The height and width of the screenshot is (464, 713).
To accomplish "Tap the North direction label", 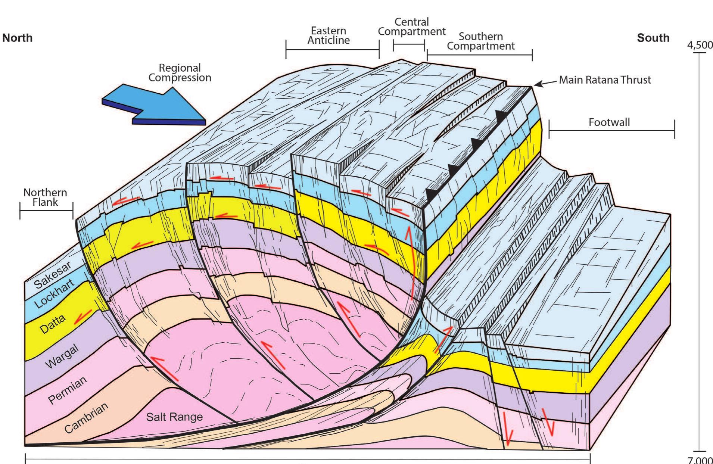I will tap(18, 38).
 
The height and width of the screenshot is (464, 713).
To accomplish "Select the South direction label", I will tap(653, 38).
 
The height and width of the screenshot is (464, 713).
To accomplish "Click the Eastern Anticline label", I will tap(329, 35).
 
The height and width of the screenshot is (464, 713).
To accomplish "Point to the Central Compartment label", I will tap(411, 27).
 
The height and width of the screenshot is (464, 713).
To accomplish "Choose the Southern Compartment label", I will tap(480, 41).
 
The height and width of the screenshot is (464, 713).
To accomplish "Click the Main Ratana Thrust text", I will tap(605, 80).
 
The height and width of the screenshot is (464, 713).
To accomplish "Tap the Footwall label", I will tap(609, 122).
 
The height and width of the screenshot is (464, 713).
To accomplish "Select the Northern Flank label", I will tap(45, 197).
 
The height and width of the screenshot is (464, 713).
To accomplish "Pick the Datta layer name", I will tap(53, 324).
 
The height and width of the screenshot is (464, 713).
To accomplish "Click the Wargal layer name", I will tap(62, 356).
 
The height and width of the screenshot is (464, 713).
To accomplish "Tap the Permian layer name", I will tap(68, 390).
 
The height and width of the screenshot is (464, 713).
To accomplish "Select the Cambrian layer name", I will tap(86, 418).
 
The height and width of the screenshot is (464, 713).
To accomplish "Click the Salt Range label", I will tap(174, 417).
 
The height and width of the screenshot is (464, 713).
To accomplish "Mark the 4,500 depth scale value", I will tap(700, 45).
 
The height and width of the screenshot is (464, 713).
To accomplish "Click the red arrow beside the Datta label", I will tap(82, 317).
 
